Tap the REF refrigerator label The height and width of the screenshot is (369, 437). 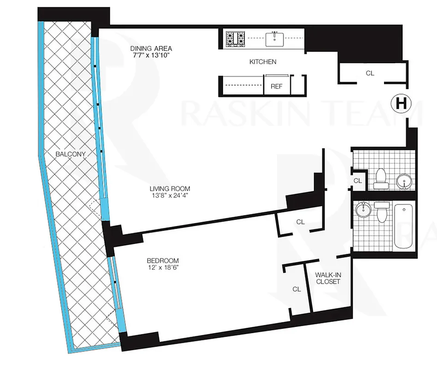[277, 86]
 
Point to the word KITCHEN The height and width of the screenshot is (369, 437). [263, 61]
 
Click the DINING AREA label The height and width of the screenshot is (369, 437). [151, 48]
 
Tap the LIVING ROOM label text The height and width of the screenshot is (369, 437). [170, 189]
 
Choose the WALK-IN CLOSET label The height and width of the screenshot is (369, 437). [328, 278]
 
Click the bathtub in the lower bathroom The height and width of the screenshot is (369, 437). [404, 226]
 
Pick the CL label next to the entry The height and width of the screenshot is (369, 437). [370, 73]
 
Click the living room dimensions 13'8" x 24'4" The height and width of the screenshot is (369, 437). [170, 195]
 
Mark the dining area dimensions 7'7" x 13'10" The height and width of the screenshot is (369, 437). [151, 55]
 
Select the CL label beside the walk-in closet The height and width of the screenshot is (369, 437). [296, 289]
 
